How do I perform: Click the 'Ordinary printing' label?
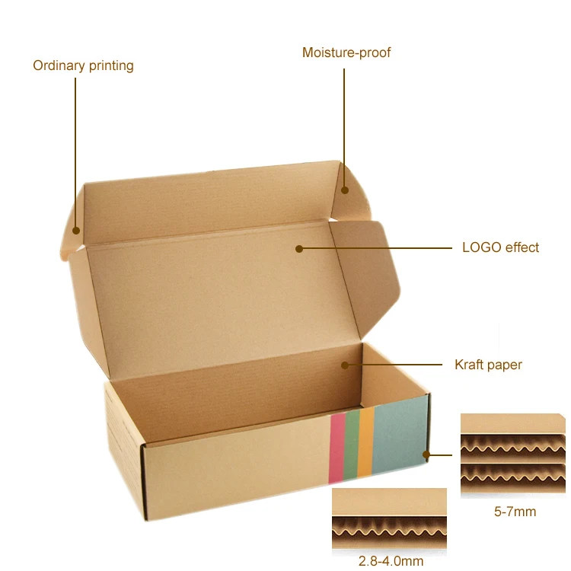[x=83, y=65]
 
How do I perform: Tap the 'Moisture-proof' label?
[x=346, y=53]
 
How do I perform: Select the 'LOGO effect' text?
[x=500, y=247]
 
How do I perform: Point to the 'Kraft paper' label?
[x=488, y=365]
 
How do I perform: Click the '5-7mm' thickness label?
[x=515, y=511]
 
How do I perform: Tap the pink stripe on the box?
[x=336, y=448]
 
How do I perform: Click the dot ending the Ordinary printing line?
[x=76, y=230]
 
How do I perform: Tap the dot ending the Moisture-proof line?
[x=344, y=190]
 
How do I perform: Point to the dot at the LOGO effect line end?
[x=299, y=248]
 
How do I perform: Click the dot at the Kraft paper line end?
[x=345, y=365]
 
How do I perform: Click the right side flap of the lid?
[x=365, y=266]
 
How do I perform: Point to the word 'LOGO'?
[x=481, y=247]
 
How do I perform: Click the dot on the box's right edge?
[x=428, y=455]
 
